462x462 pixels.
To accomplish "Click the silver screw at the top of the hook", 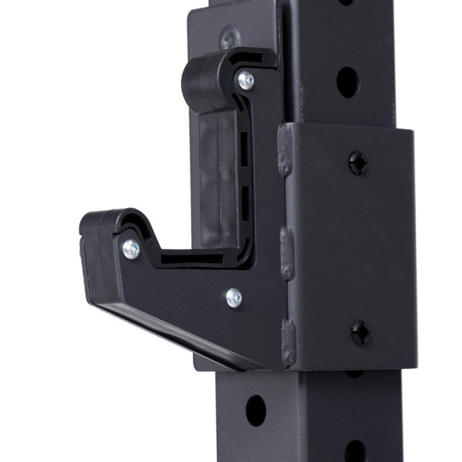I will (246, 80).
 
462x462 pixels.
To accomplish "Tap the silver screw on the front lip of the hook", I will (131, 249).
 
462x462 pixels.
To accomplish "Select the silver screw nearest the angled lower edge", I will (234, 297).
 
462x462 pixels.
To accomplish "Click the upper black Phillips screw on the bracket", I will (358, 163).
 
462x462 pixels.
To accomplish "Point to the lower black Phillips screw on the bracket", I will (361, 332).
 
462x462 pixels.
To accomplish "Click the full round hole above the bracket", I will (347, 83).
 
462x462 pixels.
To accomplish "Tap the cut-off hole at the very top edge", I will (346, 2).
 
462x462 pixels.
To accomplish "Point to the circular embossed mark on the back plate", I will (229, 37).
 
